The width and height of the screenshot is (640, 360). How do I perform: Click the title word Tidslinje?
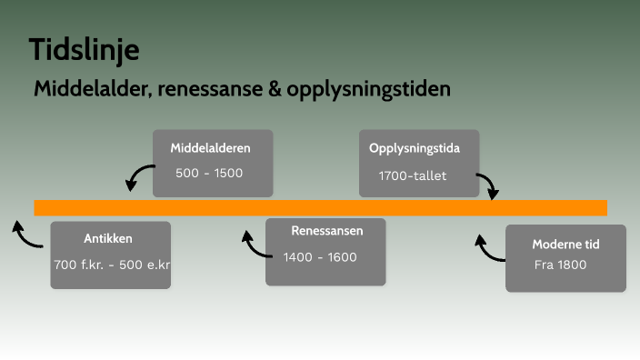coord(84,50)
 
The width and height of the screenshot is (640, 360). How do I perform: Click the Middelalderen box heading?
coord(210,147)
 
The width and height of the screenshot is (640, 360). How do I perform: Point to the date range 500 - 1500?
coord(209,173)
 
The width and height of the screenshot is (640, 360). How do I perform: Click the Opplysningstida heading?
coord(414,148)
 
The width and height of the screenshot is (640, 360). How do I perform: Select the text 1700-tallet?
coord(413,175)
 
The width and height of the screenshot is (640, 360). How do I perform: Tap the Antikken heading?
coord(108,239)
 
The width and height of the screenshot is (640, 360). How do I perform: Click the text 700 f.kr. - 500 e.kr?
coord(113,265)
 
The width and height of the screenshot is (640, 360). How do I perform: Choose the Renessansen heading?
coord(326,231)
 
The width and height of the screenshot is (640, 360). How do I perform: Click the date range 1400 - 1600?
coord(320,257)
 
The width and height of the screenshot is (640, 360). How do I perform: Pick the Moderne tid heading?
coord(565,245)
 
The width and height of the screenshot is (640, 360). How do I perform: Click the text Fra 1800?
coord(561,265)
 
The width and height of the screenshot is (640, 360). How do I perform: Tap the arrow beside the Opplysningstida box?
coord(488,185)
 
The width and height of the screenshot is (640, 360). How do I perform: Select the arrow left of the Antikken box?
coord(25,234)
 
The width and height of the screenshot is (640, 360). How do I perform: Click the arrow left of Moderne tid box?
coord(488,247)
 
